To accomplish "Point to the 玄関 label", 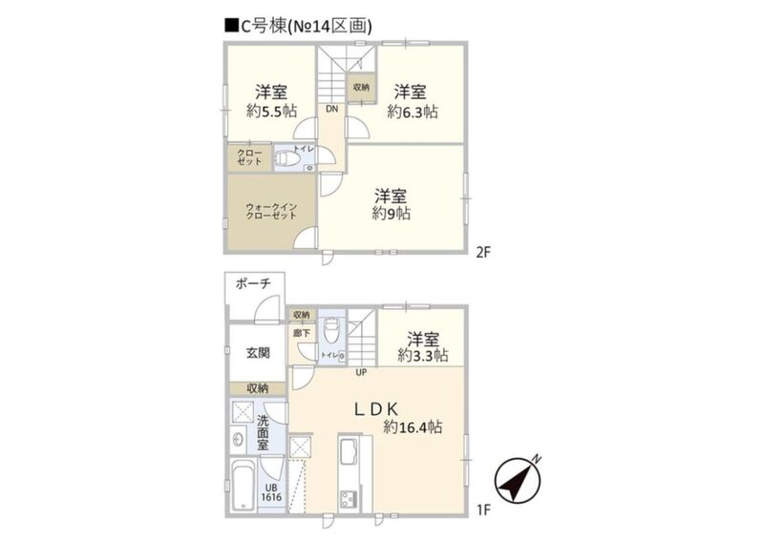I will pos(257,352).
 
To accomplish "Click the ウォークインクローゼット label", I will pos(272,211).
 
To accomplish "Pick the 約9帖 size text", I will pos(392,214).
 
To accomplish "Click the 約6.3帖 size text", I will pos(413,111).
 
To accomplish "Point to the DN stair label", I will pos(330,109).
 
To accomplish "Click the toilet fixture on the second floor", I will pos(286,159).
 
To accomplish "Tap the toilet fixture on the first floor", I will pos(330,333).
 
